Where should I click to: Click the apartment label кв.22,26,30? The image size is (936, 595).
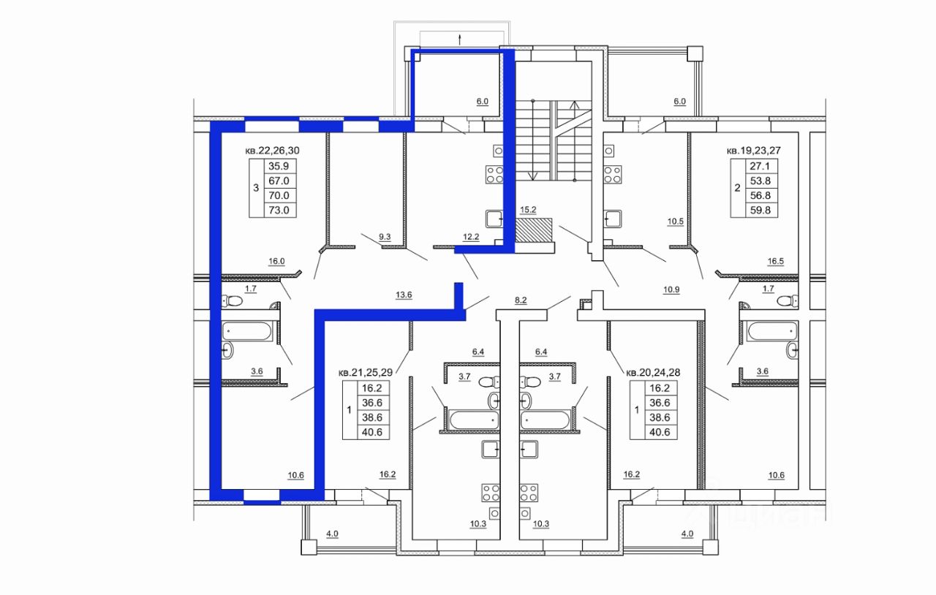point(272,151)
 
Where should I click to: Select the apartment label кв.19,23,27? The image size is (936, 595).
point(754,151)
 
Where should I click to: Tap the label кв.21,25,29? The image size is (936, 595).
point(365,372)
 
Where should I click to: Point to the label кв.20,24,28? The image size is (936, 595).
point(653,372)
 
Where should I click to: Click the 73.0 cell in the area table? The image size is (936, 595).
point(279,211)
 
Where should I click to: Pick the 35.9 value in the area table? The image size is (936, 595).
point(279,167)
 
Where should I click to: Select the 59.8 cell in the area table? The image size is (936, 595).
point(760,211)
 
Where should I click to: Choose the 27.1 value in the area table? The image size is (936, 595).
point(760,167)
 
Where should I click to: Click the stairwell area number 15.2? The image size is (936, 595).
point(528,211)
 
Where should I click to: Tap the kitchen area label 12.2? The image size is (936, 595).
point(471,238)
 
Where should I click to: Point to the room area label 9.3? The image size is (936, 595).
point(385,238)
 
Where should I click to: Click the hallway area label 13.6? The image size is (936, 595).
point(404,295)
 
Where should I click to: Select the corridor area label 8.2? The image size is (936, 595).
point(521,300)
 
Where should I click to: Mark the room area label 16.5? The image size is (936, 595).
point(776,262)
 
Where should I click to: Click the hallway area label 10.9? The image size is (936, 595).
point(671,289)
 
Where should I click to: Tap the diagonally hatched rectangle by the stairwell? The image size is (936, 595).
point(534,230)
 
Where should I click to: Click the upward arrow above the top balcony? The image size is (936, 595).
point(460,39)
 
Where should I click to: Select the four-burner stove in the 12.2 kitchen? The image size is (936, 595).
point(494,175)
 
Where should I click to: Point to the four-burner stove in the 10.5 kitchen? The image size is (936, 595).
point(613,175)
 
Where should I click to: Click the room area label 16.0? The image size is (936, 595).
point(276,262)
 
